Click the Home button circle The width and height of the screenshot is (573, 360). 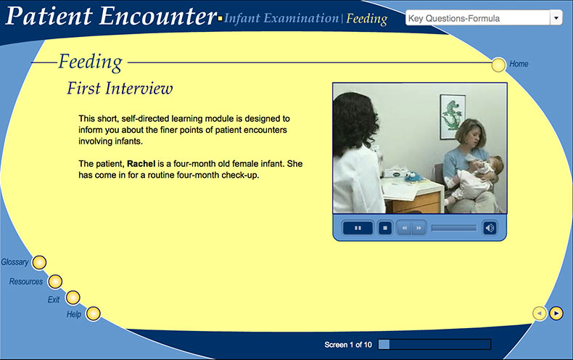(x=498, y=65)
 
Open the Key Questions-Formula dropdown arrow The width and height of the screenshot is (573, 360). (x=556, y=17)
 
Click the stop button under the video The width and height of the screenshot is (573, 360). (x=385, y=228)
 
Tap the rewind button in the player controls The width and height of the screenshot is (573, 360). (x=404, y=228)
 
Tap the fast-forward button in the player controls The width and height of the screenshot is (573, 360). (x=419, y=228)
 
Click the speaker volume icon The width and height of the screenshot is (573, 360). (x=490, y=228)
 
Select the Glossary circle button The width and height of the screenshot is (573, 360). (x=39, y=262)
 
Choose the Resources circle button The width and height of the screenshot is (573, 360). (x=55, y=282)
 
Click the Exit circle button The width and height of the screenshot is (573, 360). (x=73, y=298)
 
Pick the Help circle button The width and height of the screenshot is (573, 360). (x=93, y=314)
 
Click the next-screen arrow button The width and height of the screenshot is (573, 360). (x=556, y=313)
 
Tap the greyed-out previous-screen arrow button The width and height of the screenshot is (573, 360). (x=540, y=313)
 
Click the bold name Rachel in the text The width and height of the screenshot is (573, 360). (x=141, y=164)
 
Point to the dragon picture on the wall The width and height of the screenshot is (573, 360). (x=453, y=117)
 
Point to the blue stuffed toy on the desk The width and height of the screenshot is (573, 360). (x=413, y=177)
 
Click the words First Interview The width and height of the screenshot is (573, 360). (x=120, y=88)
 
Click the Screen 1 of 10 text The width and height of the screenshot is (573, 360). (x=348, y=345)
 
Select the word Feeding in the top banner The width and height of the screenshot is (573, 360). (x=366, y=19)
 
